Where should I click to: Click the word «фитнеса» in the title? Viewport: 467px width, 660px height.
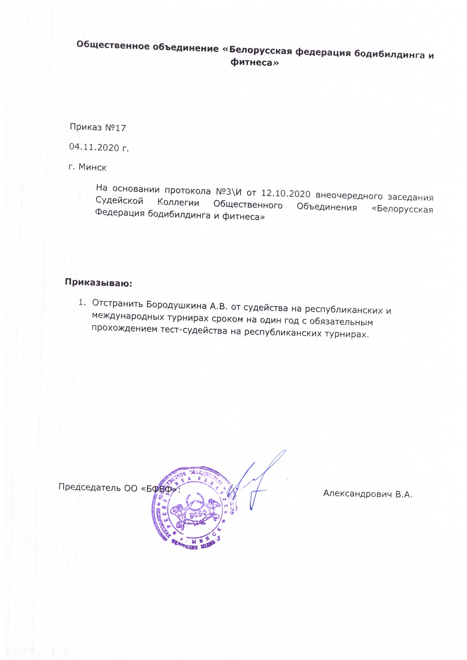coord(254,63)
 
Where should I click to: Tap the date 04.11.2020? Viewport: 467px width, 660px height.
coord(94,147)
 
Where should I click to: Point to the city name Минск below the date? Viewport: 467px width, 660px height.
coord(93,167)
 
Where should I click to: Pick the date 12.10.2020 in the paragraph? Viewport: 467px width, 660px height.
coord(286,194)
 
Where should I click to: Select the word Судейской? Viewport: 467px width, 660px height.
coord(119,200)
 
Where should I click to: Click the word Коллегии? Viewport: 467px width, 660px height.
coord(178,203)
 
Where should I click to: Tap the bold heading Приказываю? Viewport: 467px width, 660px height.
coord(98,283)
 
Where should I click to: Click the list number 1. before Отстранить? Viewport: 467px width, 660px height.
coord(82,302)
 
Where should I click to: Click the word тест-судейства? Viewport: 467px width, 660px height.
coord(192,330)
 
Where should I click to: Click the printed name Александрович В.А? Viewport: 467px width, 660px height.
coord(367,494)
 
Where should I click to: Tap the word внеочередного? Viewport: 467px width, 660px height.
coord(349,196)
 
